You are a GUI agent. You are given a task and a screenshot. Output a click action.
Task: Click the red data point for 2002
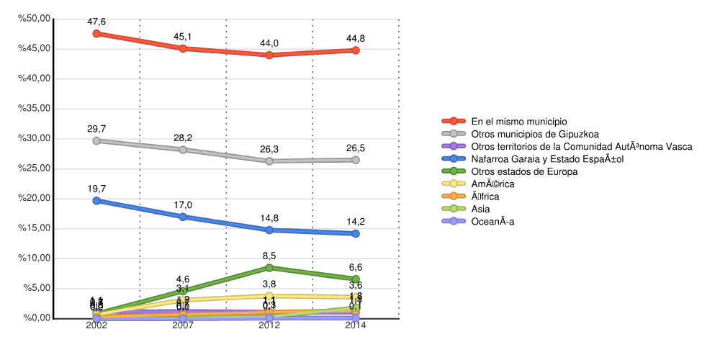(96, 33)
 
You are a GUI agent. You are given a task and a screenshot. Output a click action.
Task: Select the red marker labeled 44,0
(269, 55)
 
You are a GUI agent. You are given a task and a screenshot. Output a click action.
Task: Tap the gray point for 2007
(183, 150)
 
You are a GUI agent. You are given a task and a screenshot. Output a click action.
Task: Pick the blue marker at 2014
(356, 233)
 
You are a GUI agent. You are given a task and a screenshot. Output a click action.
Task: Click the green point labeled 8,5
(269, 268)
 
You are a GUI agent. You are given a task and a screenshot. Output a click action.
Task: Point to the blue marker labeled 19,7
(96, 201)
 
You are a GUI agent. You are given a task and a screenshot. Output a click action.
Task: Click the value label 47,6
(96, 22)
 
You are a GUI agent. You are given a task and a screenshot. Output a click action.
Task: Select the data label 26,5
(356, 148)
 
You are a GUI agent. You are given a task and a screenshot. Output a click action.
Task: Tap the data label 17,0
(183, 205)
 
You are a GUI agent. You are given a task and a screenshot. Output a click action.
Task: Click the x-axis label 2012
(269, 325)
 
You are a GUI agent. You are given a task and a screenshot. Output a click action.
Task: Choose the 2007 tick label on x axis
(183, 325)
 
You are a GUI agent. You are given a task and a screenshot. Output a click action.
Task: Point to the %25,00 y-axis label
(35, 168)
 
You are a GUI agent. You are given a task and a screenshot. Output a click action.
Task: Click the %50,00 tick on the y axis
(35, 18)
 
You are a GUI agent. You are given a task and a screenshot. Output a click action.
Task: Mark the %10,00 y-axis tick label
(35, 258)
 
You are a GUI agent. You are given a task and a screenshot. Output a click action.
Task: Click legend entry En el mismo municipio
(519, 121)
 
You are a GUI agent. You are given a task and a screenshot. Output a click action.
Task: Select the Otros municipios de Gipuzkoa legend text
(535, 134)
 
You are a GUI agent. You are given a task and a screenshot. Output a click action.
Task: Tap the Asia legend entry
(482, 209)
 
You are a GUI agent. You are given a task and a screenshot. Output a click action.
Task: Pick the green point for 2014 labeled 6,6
(356, 279)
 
